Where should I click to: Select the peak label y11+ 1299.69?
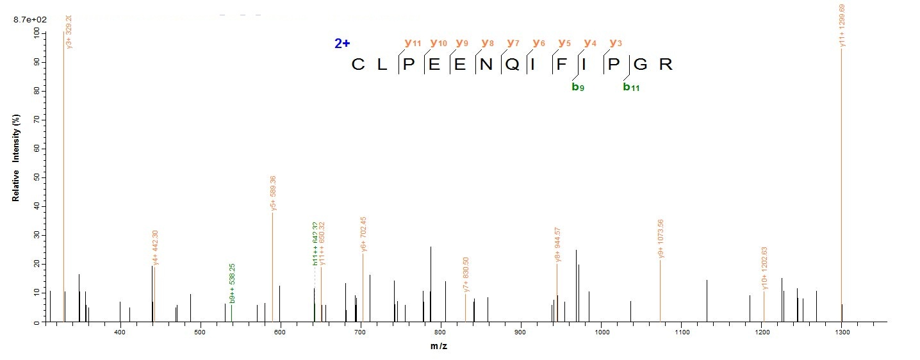pos(842,26)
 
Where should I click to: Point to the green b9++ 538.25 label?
pos(233,282)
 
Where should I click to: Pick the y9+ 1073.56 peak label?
pos(661,239)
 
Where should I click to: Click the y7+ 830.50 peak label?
pos(466,274)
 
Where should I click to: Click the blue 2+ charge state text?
pos(342,44)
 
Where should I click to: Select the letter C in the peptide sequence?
pos(358,65)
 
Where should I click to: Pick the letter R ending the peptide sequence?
pos(666,65)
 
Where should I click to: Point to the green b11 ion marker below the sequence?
pos(631,87)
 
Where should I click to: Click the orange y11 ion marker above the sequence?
pos(413,43)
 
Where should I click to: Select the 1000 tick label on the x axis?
pos(602,332)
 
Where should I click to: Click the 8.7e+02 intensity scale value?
pos(28,20)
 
